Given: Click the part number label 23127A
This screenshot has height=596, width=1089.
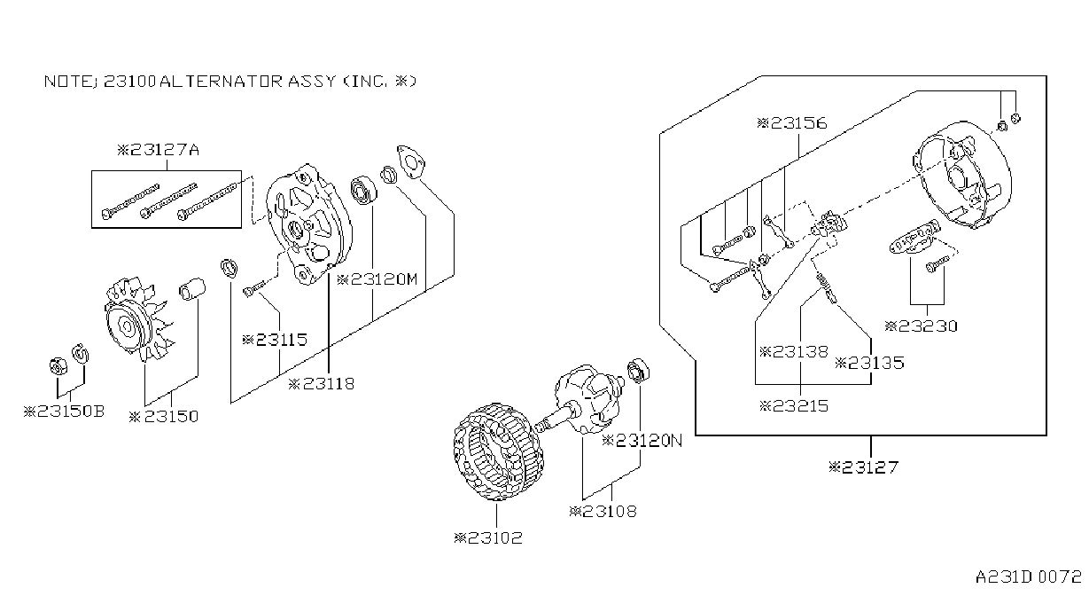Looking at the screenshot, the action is click(x=159, y=149).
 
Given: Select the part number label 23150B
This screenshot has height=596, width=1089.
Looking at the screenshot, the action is click(x=64, y=412).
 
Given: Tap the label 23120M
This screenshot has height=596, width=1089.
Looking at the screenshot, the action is click(x=377, y=279).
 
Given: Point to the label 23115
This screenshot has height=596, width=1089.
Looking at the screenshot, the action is click(x=275, y=340).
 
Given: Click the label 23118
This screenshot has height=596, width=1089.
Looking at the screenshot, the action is click(x=322, y=384).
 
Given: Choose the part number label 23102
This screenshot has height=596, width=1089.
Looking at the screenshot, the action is click(x=488, y=537).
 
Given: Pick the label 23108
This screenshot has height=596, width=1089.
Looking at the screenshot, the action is click(x=603, y=512).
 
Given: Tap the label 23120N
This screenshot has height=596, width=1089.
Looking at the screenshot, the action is click(x=642, y=441).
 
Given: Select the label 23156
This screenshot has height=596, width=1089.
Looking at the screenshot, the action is click(x=792, y=123).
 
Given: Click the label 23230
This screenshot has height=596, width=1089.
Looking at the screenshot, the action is click(x=921, y=326).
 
